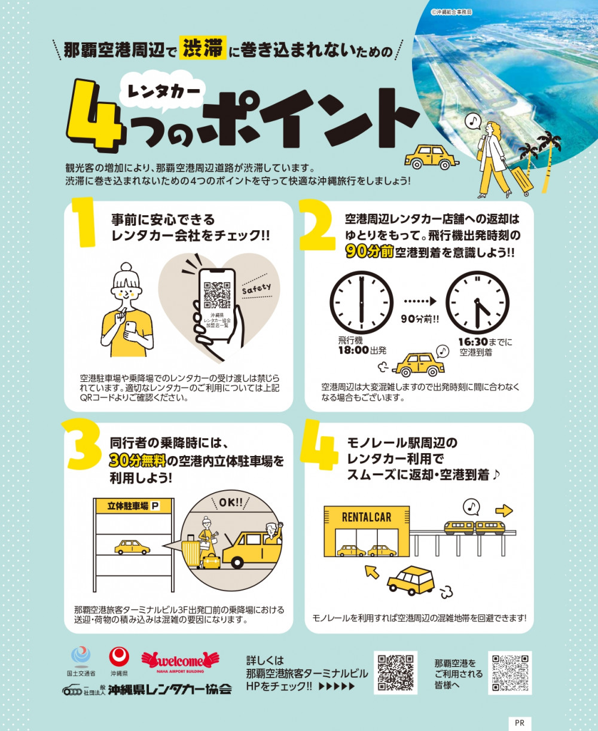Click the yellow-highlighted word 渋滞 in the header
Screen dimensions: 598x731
[x=203, y=47]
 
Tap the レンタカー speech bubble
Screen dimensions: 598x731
[x=164, y=92]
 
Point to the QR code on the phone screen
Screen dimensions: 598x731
[x=217, y=295]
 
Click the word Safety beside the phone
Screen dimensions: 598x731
[x=257, y=288]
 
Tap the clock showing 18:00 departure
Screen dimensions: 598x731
[x=361, y=302]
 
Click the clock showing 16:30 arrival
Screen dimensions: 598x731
[x=478, y=302]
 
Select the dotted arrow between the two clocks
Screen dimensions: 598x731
[x=420, y=301]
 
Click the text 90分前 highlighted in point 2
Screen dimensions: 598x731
[x=370, y=252]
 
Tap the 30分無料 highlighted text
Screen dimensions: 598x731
[x=138, y=461]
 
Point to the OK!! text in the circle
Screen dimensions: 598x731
[x=231, y=503]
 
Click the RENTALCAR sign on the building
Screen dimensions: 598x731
[x=367, y=518]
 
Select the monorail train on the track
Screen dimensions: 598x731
[x=474, y=528]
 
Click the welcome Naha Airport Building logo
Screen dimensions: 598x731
[x=180, y=663]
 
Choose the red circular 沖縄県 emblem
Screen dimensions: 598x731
[x=119, y=656]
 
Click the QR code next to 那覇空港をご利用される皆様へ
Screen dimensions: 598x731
[x=510, y=673]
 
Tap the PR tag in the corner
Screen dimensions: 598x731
[x=520, y=723]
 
